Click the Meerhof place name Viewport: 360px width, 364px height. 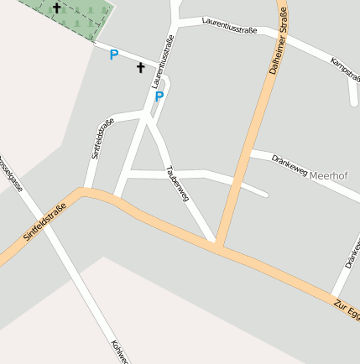coord(328,175)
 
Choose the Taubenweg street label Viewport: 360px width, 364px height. coord(179,184)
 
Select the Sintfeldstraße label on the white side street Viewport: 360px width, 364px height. coord(102,139)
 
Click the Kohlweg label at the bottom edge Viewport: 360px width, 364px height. coord(118,351)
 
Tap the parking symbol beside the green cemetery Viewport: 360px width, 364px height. coord(114,55)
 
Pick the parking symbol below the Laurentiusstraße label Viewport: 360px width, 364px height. coord(159,96)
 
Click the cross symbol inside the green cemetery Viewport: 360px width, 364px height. coord(57,8)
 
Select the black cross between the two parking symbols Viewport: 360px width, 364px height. coord(140,67)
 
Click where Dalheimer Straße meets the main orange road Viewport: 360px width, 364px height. coord(219,245)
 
